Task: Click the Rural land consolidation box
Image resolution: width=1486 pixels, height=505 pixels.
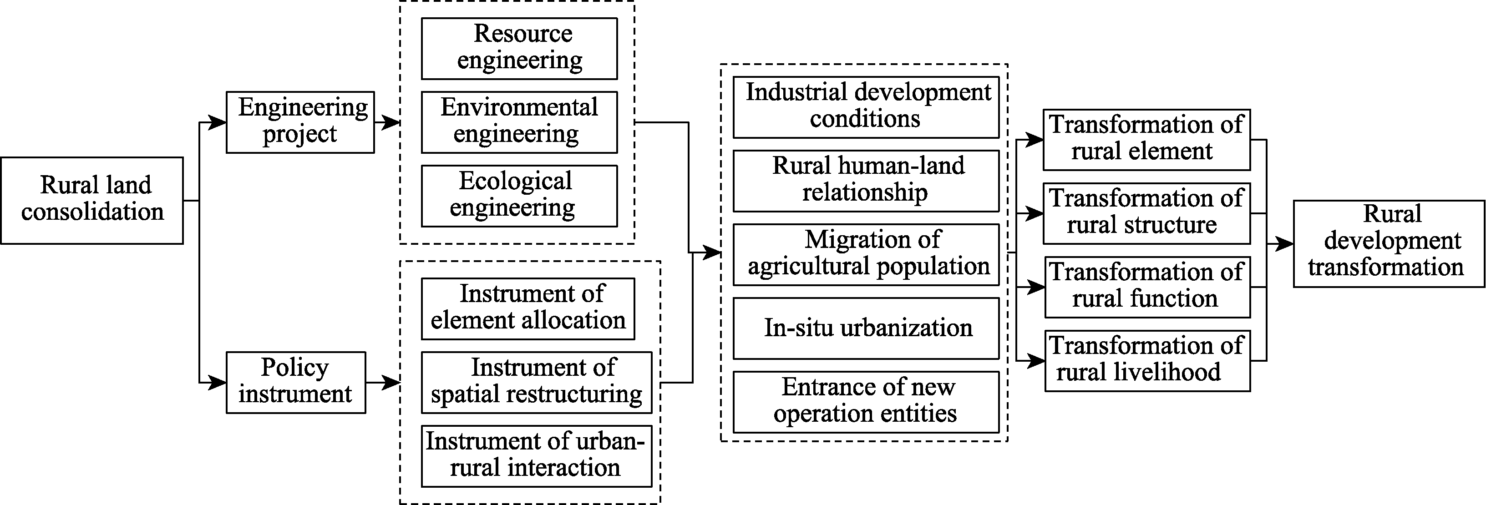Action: pos(92,201)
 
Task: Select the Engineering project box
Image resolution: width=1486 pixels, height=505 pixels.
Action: pos(300,122)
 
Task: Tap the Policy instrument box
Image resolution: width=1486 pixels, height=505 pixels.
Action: pos(296,382)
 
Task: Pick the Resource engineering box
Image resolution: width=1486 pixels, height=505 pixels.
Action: pos(519,48)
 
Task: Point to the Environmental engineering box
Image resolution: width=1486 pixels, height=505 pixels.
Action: pos(519,122)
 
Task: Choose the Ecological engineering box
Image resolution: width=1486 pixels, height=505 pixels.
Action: pos(519,196)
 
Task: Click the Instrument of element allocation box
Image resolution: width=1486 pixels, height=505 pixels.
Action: pos(528,309)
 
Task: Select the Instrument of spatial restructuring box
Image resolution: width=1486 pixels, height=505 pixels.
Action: pos(537,382)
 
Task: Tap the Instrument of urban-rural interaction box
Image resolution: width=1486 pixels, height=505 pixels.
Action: pos(537,456)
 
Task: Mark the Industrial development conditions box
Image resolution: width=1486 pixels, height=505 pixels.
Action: pos(866,107)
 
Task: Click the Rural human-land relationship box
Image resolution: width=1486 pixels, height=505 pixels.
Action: pos(866,181)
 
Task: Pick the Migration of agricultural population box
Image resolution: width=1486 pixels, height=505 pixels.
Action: pos(866,255)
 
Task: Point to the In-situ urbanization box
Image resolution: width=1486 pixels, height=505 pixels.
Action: pos(866,328)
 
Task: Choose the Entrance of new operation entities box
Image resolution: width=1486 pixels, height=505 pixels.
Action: pos(866,402)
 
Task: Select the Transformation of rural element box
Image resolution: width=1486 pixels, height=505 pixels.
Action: pos(1147,140)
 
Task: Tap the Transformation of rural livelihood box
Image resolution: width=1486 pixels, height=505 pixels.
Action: pos(1148,361)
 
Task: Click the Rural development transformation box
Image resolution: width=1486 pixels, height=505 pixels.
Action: pos(1389,244)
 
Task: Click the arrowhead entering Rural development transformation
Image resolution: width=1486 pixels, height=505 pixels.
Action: pos(1285,244)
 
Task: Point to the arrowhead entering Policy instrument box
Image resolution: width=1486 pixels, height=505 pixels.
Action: pos(217,382)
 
